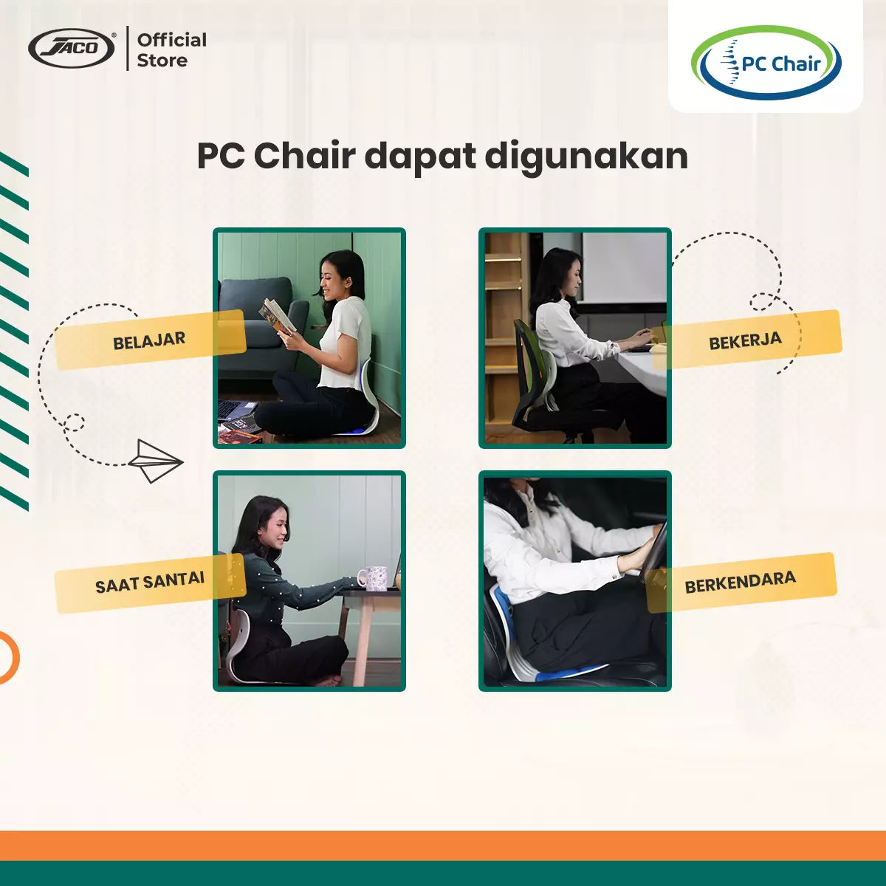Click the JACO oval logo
point(72,49)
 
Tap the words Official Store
point(171,50)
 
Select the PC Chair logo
point(766,63)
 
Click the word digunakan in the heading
point(586,156)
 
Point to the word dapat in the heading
point(420,157)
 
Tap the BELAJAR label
point(149,340)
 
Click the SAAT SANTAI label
point(150,583)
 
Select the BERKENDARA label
point(741,582)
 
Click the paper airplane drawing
point(155,461)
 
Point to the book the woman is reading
point(278,316)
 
